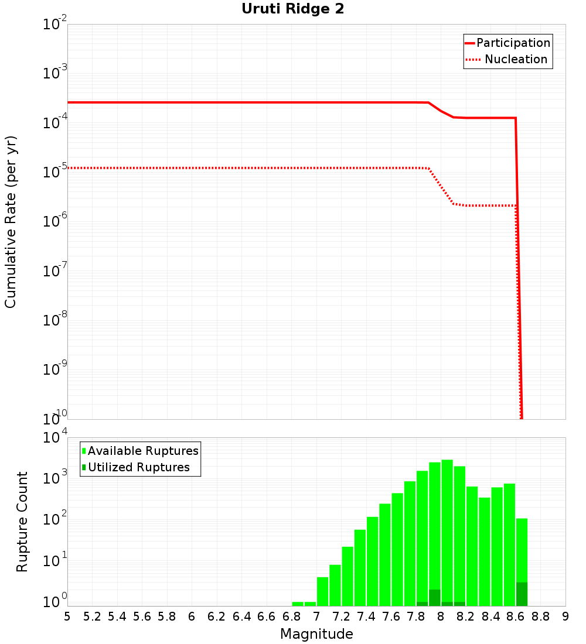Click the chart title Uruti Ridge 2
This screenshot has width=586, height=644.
coord(293,9)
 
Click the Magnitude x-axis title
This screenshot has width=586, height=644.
coord(316,634)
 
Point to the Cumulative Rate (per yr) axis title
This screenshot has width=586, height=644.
coord(11,222)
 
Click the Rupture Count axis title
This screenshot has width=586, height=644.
coord(22,522)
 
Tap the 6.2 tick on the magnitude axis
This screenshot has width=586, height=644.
coord(217,616)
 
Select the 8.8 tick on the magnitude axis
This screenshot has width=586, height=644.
coord(541,616)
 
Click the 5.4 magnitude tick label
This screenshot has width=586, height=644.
coord(117,616)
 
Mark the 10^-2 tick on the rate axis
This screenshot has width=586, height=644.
coord(55,25)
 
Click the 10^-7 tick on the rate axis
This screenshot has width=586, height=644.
coord(55,271)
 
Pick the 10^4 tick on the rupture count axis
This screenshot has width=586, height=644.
coord(55,438)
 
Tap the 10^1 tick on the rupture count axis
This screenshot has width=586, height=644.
coord(55,561)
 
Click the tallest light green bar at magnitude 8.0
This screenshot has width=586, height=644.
coord(447,527)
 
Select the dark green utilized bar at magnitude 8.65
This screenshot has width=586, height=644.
coord(522,594)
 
